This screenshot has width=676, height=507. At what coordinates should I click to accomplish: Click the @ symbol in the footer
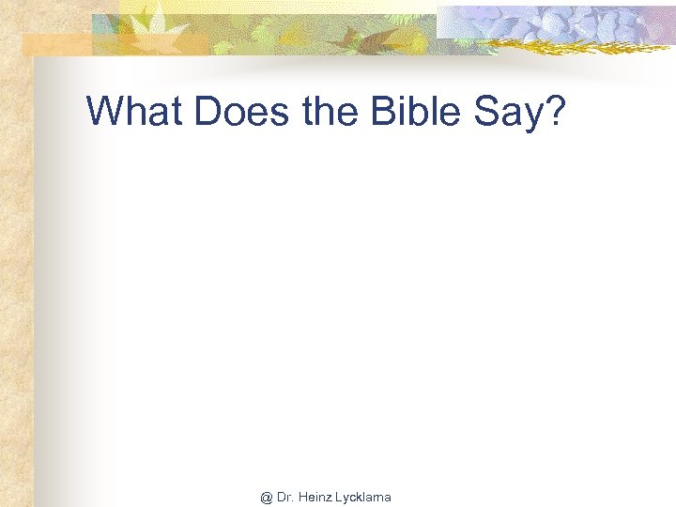[267, 498]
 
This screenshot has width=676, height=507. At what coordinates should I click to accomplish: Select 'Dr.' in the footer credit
[285, 498]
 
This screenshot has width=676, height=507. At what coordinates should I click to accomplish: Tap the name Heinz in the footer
[315, 498]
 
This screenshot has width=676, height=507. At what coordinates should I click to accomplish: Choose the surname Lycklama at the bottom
[363, 498]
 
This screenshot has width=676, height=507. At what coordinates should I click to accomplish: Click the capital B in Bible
[383, 111]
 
